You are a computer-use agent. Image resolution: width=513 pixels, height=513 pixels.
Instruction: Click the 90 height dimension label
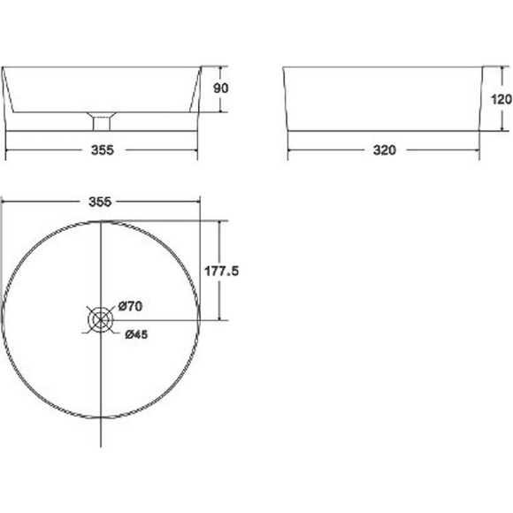[220, 88]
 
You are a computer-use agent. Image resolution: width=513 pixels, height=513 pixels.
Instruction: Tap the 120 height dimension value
[502, 99]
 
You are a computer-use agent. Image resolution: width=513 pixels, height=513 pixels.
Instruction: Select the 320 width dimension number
[385, 150]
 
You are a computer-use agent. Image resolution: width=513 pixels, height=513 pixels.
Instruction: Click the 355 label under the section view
[103, 150]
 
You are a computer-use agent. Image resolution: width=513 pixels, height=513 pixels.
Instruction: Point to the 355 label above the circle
[100, 202]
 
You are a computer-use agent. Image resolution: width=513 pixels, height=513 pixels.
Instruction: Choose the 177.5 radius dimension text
[222, 271]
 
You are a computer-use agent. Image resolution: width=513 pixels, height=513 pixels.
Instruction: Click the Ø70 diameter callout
[130, 306]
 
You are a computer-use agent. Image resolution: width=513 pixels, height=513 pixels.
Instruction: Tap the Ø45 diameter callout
[136, 334]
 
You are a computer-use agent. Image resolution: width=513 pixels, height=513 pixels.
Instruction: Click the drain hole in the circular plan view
[101, 319]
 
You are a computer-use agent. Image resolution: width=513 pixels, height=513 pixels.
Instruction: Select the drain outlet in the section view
[102, 121]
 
